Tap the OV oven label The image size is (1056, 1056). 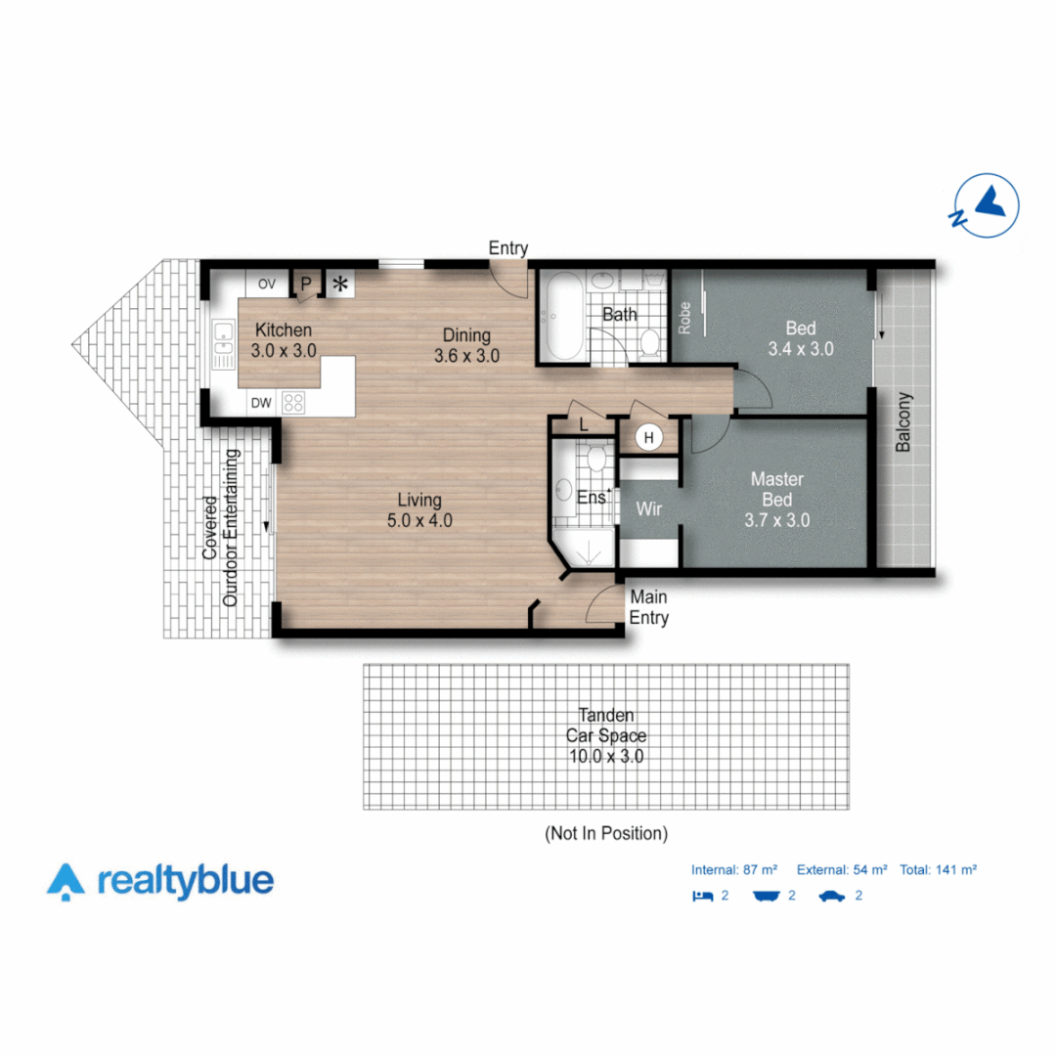pyautogui.click(x=267, y=285)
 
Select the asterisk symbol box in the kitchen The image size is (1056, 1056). pyautogui.click(x=340, y=285)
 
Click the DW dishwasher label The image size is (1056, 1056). pyautogui.click(x=260, y=403)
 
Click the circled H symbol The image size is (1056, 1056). pyautogui.click(x=647, y=438)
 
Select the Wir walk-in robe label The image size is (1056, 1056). pyautogui.click(x=650, y=509)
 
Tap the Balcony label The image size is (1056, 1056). pyautogui.click(x=903, y=422)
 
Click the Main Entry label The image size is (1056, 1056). pyautogui.click(x=649, y=607)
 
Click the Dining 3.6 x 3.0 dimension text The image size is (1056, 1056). pyautogui.click(x=466, y=356)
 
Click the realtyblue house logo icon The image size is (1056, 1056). pyautogui.click(x=66, y=881)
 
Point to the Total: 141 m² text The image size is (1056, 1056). pyautogui.click(x=940, y=869)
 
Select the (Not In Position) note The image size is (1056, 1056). pyautogui.click(x=606, y=834)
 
